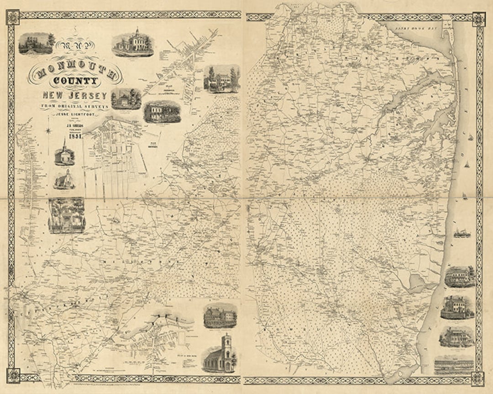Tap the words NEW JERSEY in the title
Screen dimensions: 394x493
click(x=75, y=95)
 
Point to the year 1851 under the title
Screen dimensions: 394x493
click(x=75, y=135)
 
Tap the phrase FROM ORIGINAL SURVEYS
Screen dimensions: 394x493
click(x=75, y=106)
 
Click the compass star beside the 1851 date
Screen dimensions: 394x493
click(x=48, y=132)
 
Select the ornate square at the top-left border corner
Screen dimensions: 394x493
click(x=13, y=17)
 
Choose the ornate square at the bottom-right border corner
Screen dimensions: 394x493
click(x=478, y=378)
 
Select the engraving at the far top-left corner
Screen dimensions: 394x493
click(x=36, y=43)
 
